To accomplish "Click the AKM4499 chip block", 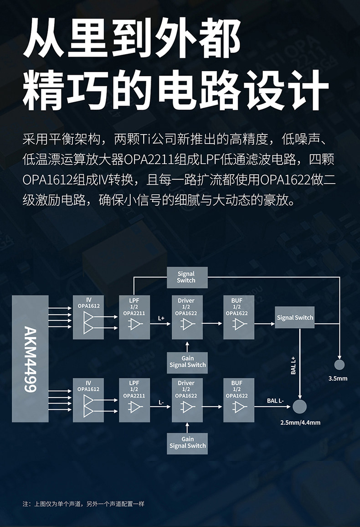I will click(30, 358).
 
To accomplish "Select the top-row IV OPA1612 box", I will click(88, 317).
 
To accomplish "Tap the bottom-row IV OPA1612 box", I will click(88, 400).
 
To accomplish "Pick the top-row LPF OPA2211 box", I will click(134, 317).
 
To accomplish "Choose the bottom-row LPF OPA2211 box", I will click(134, 400).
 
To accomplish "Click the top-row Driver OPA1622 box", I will click(187, 317).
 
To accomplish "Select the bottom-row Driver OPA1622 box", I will click(187, 400).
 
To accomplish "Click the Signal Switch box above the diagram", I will click(186, 277).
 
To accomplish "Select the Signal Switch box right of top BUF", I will click(295, 318).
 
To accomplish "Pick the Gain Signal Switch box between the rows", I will click(187, 362).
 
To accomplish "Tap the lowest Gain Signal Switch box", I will click(187, 442).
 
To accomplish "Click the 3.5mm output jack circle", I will click(339, 365).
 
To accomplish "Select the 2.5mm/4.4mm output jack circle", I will click(299, 406).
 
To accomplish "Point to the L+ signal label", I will click(161, 318).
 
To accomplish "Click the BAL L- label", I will click(275, 401).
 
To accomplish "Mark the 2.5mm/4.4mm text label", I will click(300, 423).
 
